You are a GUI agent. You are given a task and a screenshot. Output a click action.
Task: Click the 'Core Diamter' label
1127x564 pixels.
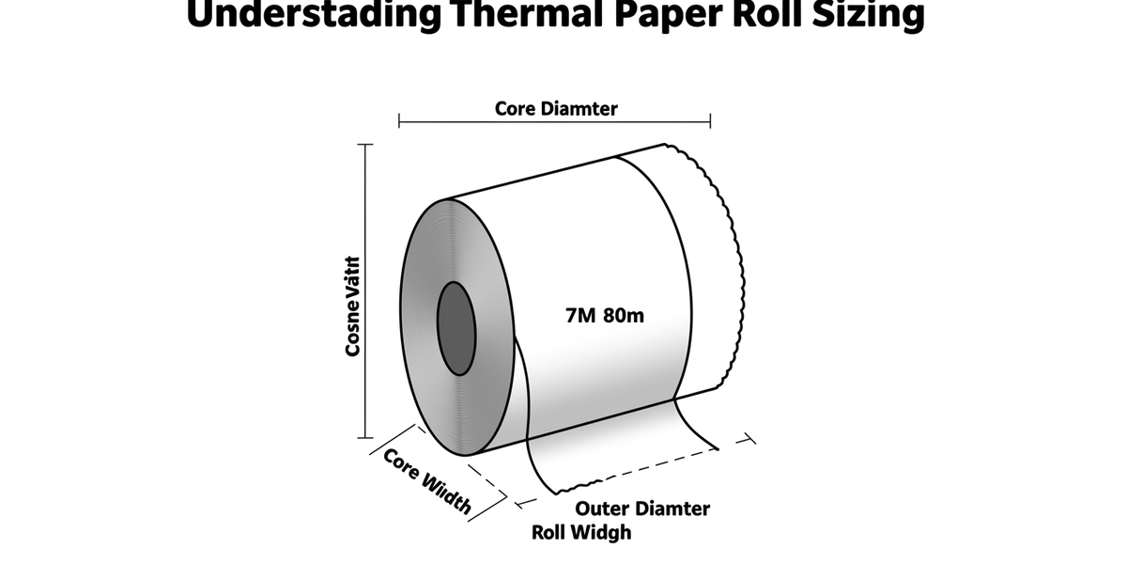click(x=556, y=108)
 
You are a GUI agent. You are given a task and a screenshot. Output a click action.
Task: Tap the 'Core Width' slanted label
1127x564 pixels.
click(x=427, y=480)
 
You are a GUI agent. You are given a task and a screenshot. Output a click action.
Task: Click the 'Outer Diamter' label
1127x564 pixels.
click(x=642, y=509)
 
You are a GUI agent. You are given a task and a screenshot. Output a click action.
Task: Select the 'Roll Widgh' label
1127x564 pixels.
click(x=581, y=532)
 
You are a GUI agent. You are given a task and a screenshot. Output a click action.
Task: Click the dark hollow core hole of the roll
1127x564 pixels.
click(x=457, y=328)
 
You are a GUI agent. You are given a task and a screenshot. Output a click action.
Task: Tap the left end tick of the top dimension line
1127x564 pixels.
click(x=399, y=120)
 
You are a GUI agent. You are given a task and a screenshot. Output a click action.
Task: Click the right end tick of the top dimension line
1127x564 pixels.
click(x=710, y=120)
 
